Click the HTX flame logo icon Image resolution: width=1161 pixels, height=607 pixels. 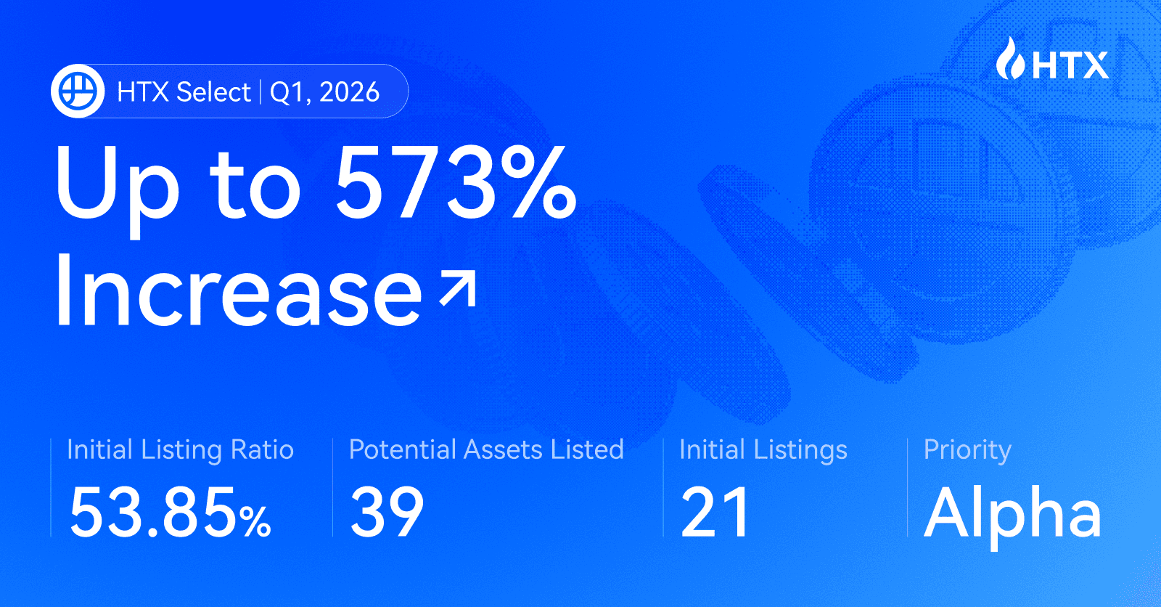pyautogui.click(x=1009, y=59)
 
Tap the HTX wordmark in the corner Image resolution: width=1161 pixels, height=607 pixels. pyautogui.click(x=1070, y=65)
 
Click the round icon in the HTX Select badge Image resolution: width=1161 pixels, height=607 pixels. pyautogui.click(x=78, y=91)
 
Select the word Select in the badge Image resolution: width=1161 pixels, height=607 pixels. pyautogui.click(x=213, y=92)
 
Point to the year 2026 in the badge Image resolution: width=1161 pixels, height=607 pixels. pyautogui.click(x=349, y=92)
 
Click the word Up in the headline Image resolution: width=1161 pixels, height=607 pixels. pyautogui.click(x=117, y=185)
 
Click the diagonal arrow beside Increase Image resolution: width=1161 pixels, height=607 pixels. pyautogui.click(x=458, y=289)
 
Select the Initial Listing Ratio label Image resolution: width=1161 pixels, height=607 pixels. pyautogui.click(x=180, y=450)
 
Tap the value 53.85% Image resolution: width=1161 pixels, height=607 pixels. pyautogui.click(x=170, y=513)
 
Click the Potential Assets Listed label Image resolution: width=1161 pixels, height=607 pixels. pyautogui.click(x=486, y=449)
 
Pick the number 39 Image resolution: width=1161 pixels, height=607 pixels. pyautogui.click(x=387, y=513)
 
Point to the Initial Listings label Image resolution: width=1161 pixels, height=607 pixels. pyautogui.click(x=763, y=450)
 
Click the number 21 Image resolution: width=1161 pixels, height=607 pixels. pyautogui.click(x=715, y=513)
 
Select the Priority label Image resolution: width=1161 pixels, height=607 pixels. pyautogui.click(x=967, y=451)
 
